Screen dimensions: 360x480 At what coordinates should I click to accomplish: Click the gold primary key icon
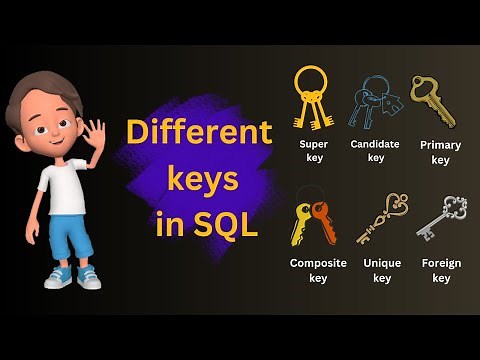432,100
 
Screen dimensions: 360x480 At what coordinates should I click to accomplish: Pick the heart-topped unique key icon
383,217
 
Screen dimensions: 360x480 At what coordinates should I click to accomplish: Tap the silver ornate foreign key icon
441,217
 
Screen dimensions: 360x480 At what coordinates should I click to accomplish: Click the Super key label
313,151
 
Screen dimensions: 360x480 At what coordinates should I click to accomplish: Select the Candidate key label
375,150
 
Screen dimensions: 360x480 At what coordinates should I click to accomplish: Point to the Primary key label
440,152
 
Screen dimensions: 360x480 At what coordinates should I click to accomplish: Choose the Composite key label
317,270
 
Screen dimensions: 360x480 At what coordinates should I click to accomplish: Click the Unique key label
382,270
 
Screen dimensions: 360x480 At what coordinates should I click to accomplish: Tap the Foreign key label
441,270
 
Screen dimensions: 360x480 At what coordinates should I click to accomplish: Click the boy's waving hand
96,133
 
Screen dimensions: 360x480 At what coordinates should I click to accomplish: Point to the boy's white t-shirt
65,186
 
